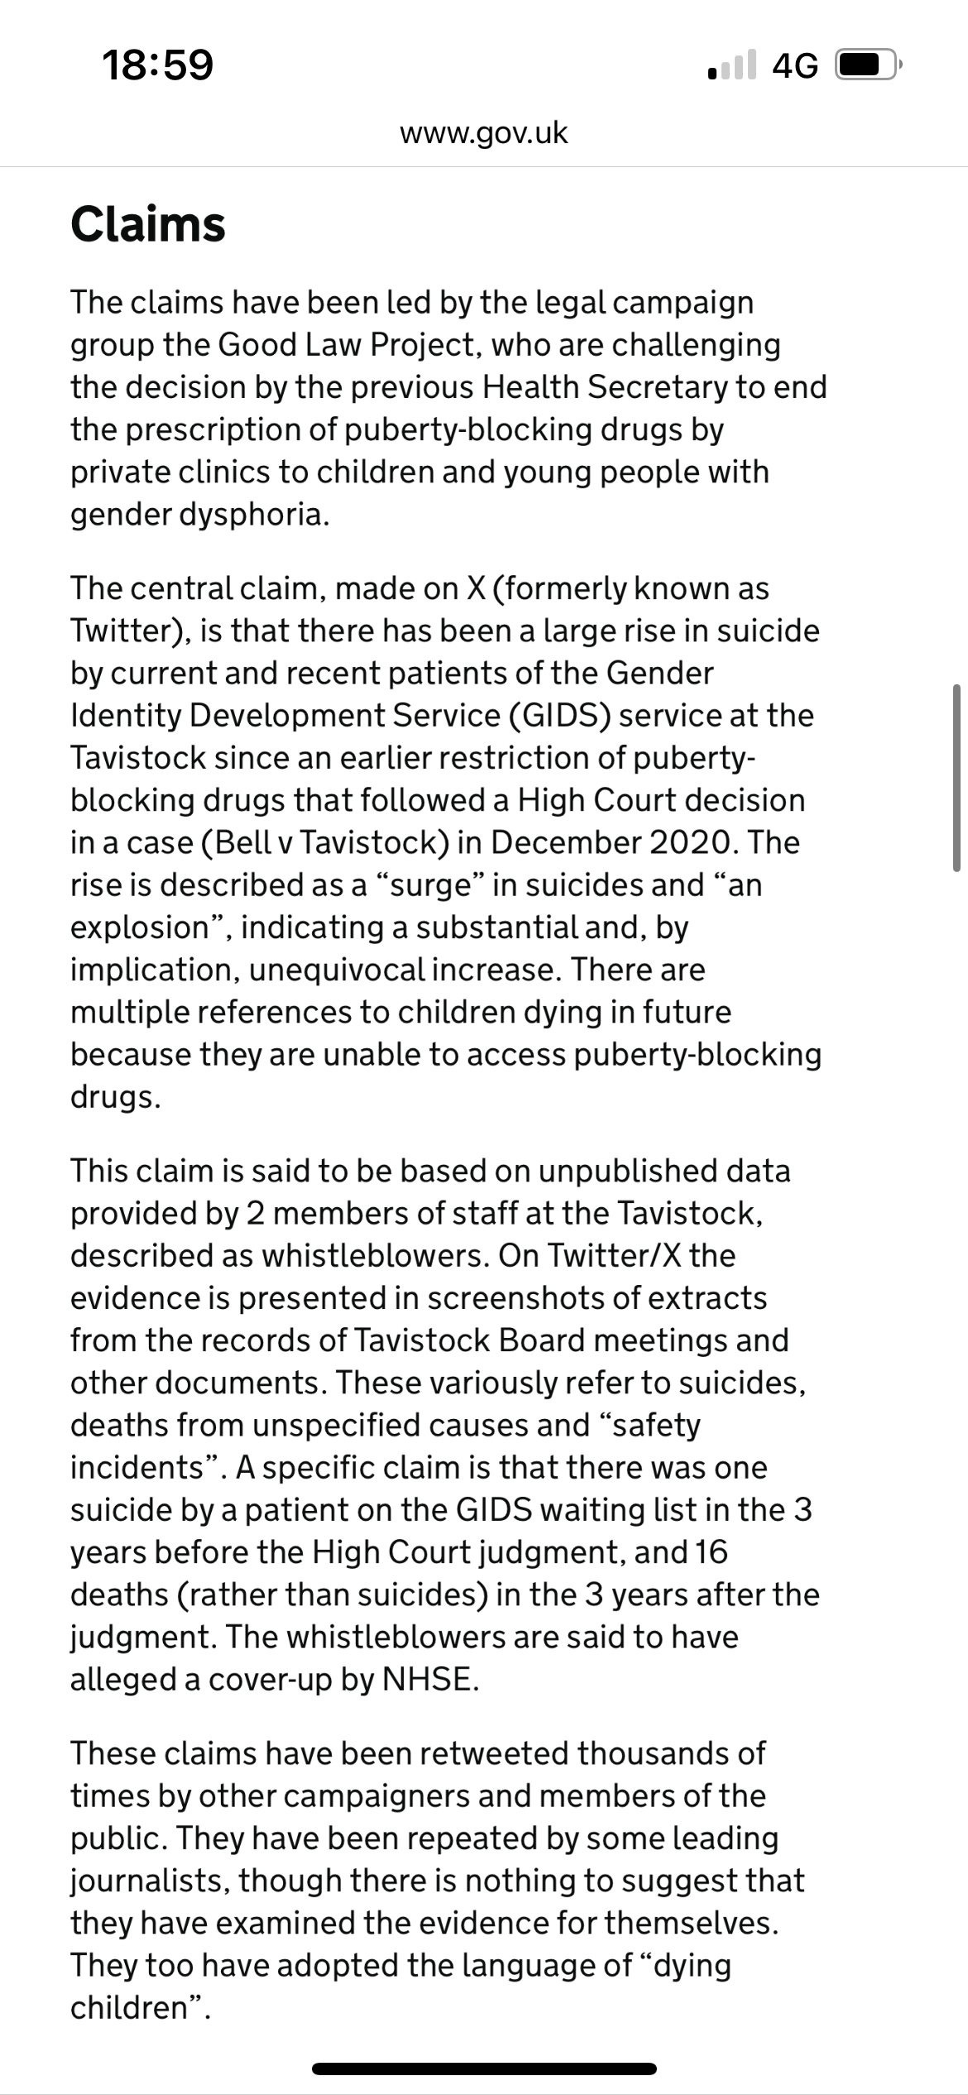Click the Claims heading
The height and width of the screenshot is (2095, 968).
tap(148, 224)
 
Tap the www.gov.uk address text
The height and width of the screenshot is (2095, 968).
tap(484, 132)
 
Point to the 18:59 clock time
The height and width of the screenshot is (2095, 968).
tap(157, 65)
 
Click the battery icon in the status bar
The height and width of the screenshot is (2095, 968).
tap(867, 65)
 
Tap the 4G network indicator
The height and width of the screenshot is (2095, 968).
tap(794, 65)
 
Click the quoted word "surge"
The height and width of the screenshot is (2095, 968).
tap(429, 885)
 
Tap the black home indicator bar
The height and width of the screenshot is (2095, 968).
tap(484, 2069)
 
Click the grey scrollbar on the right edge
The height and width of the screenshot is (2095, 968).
tap(956, 778)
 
